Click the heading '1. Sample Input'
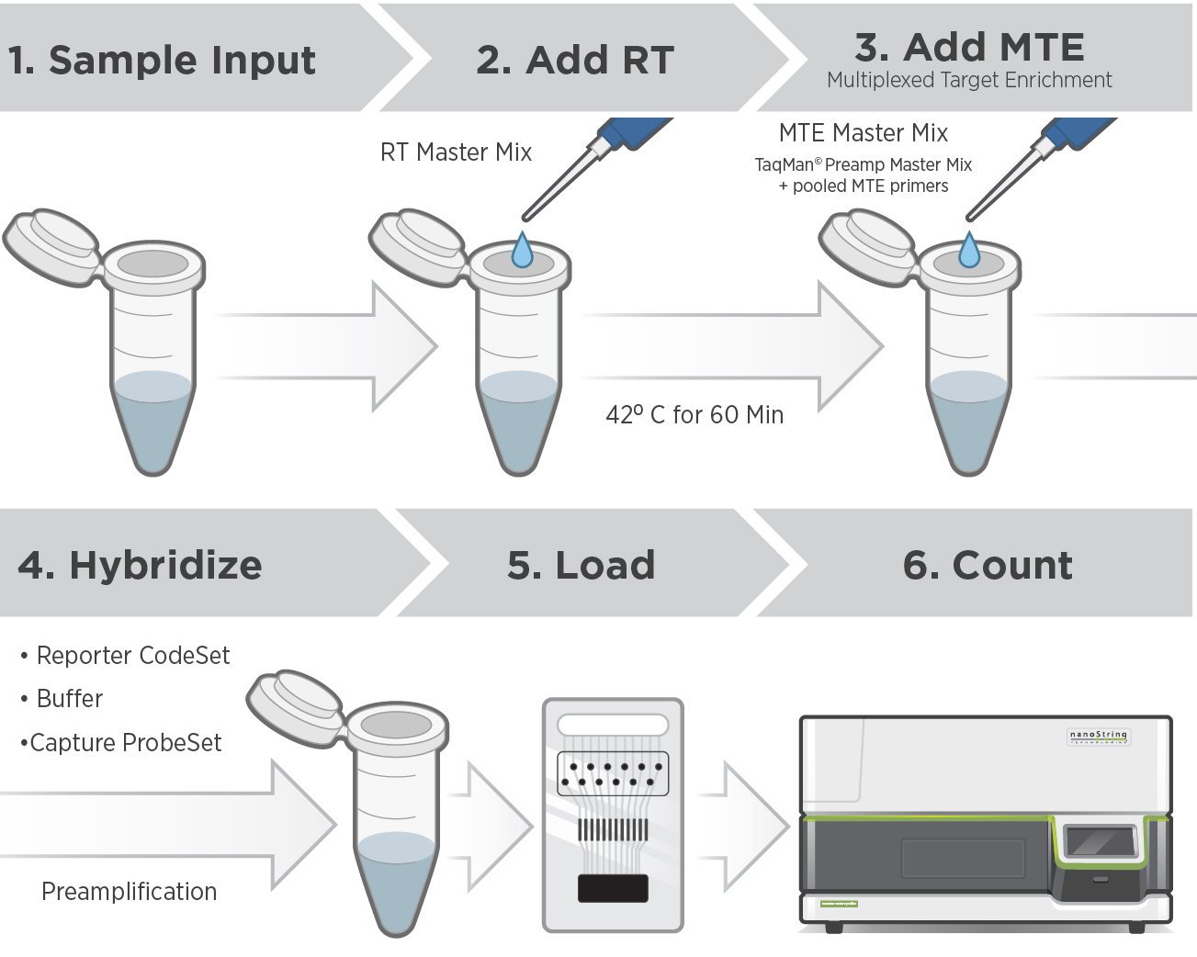pos(162,61)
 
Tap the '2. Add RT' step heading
pos(575,61)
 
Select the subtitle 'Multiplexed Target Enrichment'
pos(969,81)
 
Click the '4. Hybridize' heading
pos(141,565)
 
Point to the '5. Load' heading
pos(581,565)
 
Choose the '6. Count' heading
pos(988,565)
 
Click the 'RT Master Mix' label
pos(456,152)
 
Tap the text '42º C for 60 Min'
pos(694,415)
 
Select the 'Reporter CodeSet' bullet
pos(132,656)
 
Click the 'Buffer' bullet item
pos(69,699)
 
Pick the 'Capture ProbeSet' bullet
pos(125,743)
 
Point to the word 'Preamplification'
pos(130,892)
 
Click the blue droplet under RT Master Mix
pos(522,250)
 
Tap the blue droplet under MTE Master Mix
pos(969,250)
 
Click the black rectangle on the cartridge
pos(613,888)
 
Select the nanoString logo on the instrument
pos(1099,737)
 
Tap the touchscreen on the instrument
pos(1100,840)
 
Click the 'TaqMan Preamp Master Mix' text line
pos(863,165)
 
